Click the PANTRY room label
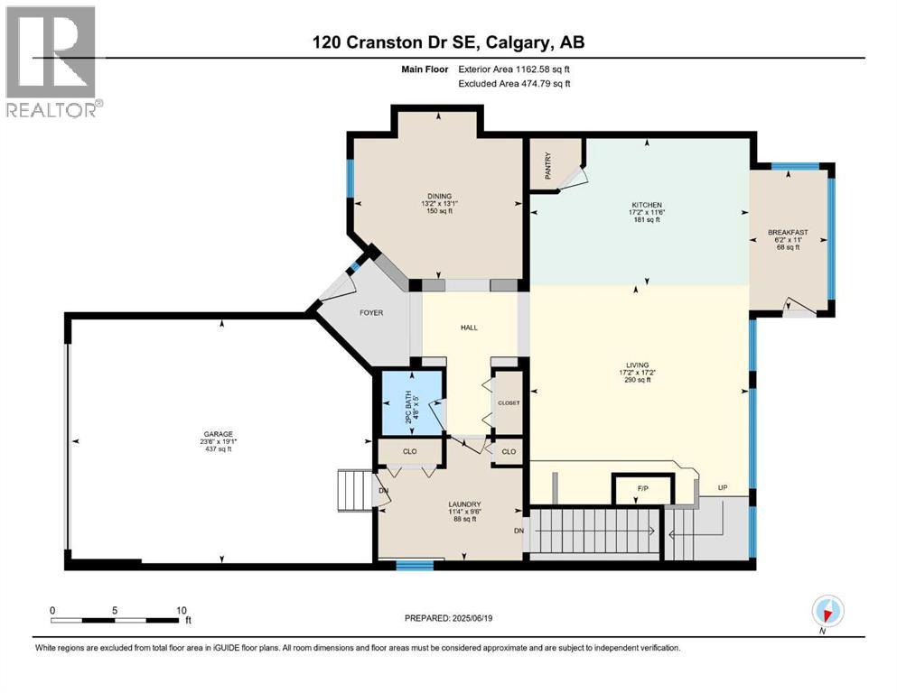548,166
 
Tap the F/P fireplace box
642,489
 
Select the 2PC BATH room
412,403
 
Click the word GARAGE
219,434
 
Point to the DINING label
439,197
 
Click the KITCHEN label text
647,205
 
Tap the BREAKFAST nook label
788,233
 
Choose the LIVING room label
637,365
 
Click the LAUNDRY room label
464,504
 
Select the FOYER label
371,313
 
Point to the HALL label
469,328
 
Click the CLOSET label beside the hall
509,402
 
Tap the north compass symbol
827,611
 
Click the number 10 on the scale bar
182,610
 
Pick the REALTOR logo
52,61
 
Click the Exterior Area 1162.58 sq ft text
514,69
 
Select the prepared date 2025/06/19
472,618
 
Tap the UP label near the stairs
723,488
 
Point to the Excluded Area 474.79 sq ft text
514,83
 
